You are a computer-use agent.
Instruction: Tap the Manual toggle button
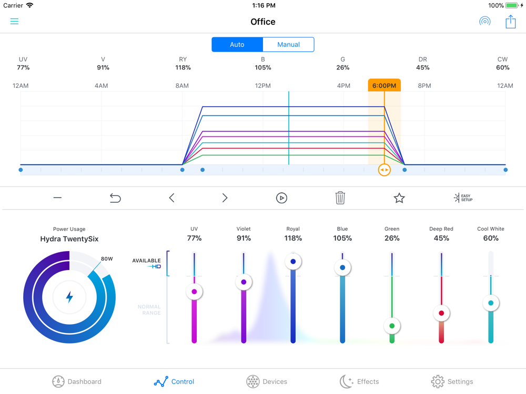click(x=288, y=45)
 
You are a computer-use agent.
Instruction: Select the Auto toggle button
click(x=237, y=45)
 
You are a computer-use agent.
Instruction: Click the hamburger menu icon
click(x=14, y=22)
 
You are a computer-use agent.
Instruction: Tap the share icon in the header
click(x=510, y=22)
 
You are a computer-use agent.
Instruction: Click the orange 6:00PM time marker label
click(x=384, y=86)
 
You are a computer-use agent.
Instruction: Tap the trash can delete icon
click(x=340, y=198)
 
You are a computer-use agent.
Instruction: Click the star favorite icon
click(x=399, y=198)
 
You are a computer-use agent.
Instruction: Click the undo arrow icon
click(x=115, y=198)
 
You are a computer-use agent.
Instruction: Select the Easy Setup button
click(x=463, y=198)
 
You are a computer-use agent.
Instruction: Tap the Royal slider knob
click(x=293, y=262)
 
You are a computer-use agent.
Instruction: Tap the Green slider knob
click(x=392, y=326)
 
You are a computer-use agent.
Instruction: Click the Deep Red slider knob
click(x=441, y=314)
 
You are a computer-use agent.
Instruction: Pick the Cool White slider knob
click(x=491, y=303)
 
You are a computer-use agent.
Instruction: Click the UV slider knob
click(x=195, y=292)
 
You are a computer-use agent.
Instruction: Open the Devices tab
click(x=267, y=381)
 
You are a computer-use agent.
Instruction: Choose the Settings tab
click(x=452, y=381)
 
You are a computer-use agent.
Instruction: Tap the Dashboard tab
click(x=77, y=381)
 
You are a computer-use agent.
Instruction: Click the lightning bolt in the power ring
click(x=69, y=297)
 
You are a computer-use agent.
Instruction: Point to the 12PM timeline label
click(x=262, y=86)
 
